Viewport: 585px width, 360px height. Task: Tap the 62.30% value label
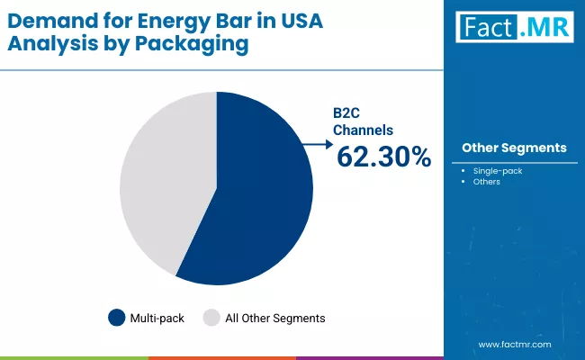pyautogui.click(x=383, y=157)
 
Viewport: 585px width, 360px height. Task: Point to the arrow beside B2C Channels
pyautogui.click(x=315, y=142)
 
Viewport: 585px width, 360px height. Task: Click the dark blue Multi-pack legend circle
pyautogui.click(x=117, y=318)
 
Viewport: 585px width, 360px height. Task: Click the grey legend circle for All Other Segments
pyautogui.click(x=211, y=318)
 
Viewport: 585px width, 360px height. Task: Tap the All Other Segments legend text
pyautogui.click(x=274, y=318)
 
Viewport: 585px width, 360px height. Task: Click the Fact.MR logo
pyautogui.click(x=513, y=30)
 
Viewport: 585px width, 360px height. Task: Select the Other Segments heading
pyautogui.click(x=513, y=147)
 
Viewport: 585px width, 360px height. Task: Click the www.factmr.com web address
pyautogui.click(x=514, y=344)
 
